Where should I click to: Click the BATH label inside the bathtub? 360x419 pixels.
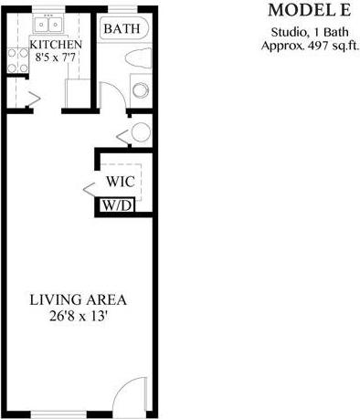[x=122, y=29]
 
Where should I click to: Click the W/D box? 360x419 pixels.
[x=117, y=205]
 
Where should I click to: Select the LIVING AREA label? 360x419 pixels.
[x=77, y=299]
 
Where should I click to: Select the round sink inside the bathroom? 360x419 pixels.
[x=141, y=89]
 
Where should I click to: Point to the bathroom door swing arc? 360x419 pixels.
[x=106, y=94]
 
